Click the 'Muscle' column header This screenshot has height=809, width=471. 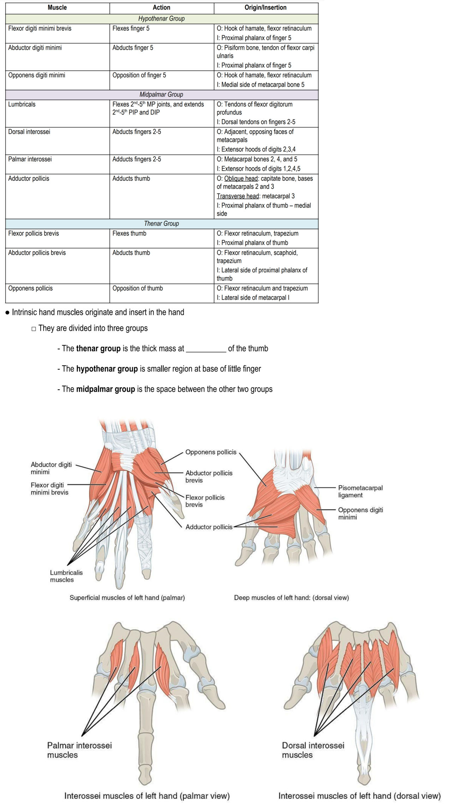[57, 8]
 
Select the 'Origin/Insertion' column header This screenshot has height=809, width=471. [266, 8]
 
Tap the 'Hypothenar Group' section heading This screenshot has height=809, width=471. [161, 19]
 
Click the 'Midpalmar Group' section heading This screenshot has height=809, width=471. [161, 95]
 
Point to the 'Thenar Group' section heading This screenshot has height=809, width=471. [161, 224]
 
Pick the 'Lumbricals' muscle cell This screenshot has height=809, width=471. [22, 104]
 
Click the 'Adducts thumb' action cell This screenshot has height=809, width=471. [131, 179]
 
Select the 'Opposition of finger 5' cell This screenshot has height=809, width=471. [139, 76]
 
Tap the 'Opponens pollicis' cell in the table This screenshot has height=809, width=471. [30, 288]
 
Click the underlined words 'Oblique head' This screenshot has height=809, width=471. [241, 179]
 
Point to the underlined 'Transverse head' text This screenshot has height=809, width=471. [238, 196]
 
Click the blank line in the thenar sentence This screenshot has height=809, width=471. [206, 349]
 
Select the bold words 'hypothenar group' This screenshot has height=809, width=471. [107, 369]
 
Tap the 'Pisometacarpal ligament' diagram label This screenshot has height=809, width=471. [360, 492]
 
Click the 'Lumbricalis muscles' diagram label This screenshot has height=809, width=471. [66, 576]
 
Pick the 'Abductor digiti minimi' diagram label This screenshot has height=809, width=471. [51, 468]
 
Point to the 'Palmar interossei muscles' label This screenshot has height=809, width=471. [79, 750]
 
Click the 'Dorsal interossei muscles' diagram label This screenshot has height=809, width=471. [313, 750]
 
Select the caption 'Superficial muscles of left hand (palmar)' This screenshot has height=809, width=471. [127, 598]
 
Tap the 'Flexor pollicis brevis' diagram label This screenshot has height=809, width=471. [205, 501]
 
